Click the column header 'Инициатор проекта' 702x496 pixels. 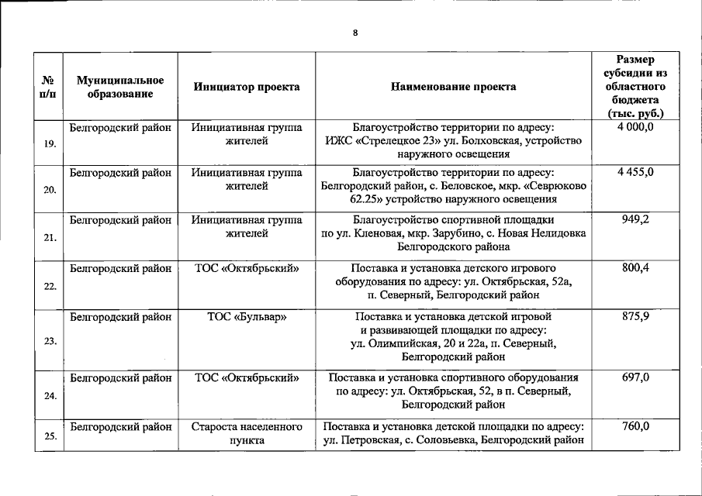click(x=247, y=87)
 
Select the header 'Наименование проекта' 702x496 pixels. click(x=454, y=87)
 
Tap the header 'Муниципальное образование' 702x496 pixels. click(x=120, y=87)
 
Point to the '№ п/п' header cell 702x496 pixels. click(x=48, y=87)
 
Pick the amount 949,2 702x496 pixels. click(x=635, y=219)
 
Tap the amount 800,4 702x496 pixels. click(x=635, y=268)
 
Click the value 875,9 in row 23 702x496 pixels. click(x=635, y=316)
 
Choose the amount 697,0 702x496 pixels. click(x=635, y=377)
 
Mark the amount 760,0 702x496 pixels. click(x=635, y=426)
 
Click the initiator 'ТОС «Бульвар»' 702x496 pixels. click(x=247, y=317)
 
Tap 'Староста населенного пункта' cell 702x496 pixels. click(x=247, y=433)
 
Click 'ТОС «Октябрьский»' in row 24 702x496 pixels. click(x=247, y=378)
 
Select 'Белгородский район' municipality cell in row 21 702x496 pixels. click(x=120, y=220)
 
